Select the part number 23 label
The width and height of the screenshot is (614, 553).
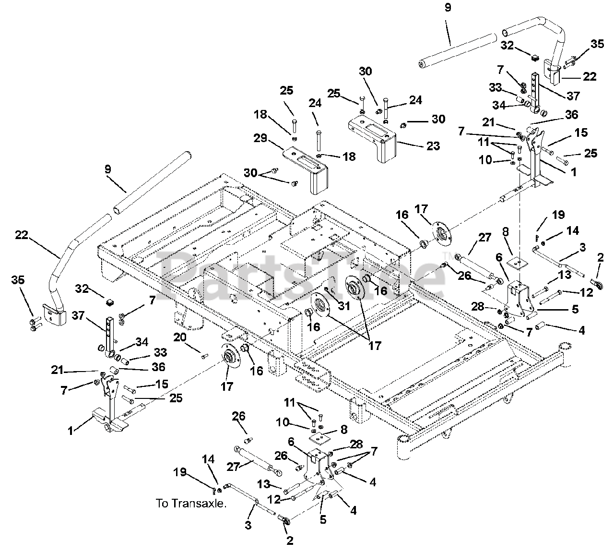pyautogui.click(x=433, y=146)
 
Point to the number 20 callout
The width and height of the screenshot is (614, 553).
pyautogui.click(x=180, y=337)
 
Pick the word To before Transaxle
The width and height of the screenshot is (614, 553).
pyautogui.click(x=162, y=504)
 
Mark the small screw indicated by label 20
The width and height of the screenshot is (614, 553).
pyautogui.click(x=205, y=356)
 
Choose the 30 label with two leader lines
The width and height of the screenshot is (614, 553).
pyautogui.click(x=251, y=172)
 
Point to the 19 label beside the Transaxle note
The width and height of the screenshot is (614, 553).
pyautogui.click(x=180, y=472)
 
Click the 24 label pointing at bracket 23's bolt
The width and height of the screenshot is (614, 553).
pyautogui.click(x=415, y=100)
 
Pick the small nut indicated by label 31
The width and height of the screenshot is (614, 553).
pyautogui.click(x=327, y=289)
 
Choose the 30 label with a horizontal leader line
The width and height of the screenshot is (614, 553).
pyautogui.click(x=438, y=119)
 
